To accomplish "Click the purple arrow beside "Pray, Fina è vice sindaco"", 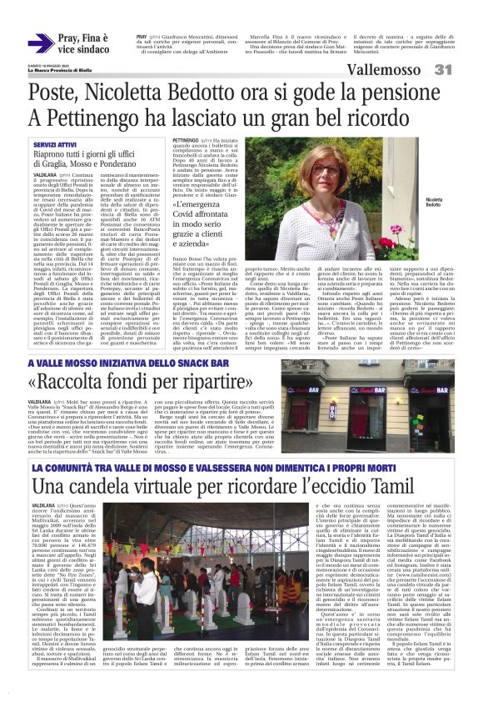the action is [x=41, y=44].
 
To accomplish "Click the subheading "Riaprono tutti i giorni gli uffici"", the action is [x=82, y=156].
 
